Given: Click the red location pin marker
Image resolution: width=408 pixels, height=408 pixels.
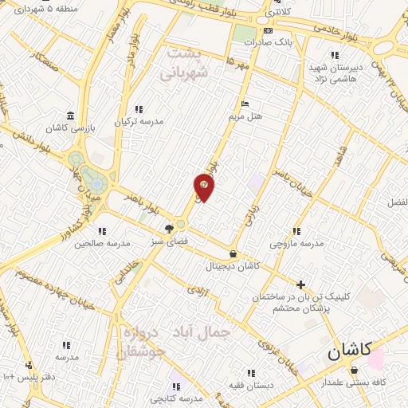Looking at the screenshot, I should coord(204,186).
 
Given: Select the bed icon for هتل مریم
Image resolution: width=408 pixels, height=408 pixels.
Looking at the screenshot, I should coord(245,104).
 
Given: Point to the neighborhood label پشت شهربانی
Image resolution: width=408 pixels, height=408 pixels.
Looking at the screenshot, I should coord(186,63).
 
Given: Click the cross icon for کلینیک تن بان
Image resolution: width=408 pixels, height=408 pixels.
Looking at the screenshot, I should coord(300,284).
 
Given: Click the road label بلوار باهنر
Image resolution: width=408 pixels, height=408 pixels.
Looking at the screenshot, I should coord(141,203).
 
